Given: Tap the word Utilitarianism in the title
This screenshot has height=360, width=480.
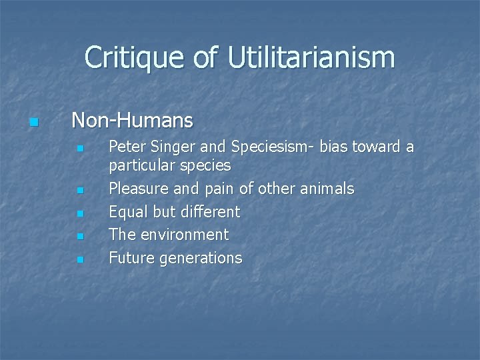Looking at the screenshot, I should (x=311, y=58).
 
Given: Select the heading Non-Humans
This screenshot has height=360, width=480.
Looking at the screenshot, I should (x=132, y=121).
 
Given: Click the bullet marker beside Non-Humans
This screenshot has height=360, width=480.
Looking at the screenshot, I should (x=35, y=123).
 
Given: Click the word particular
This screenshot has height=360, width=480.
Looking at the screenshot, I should (x=140, y=165).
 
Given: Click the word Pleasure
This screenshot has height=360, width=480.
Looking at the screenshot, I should (x=139, y=189).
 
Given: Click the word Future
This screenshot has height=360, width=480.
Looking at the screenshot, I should (x=131, y=258).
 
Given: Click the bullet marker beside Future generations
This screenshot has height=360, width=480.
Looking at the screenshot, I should (x=79, y=259).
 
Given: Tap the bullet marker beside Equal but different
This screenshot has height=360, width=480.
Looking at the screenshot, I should (x=79, y=214).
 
